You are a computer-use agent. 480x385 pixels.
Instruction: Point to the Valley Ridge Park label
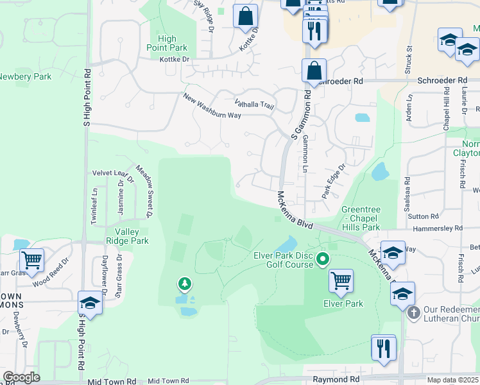click(x=132, y=236)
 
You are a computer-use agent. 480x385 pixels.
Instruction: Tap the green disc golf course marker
click(x=323, y=260)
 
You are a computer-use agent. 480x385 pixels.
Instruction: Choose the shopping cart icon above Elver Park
click(x=341, y=280)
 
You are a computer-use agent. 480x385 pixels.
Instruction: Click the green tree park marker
click(x=184, y=283)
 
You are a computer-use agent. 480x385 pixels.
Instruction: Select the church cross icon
click(x=414, y=312)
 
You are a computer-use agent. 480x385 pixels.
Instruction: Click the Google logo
click(x=22, y=377)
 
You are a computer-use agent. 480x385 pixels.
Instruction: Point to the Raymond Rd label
click(x=336, y=379)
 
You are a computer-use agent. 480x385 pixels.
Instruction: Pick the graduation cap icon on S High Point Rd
click(x=90, y=303)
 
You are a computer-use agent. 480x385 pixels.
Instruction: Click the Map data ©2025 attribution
click(x=452, y=380)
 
